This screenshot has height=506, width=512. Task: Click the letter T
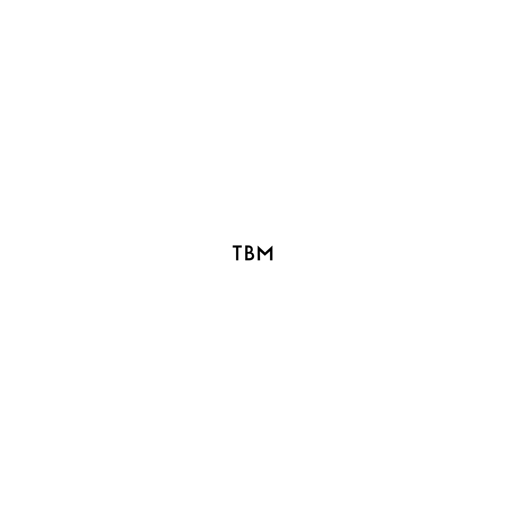click(237, 253)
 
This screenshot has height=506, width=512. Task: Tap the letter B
click(249, 253)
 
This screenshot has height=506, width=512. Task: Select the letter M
click(265, 253)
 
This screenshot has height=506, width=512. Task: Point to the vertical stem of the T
click(237, 254)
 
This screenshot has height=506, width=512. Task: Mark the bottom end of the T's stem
click(237, 260)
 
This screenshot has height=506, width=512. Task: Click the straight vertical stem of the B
click(246, 253)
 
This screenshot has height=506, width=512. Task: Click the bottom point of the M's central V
click(265, 255)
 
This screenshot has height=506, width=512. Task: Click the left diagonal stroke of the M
click(262, 250)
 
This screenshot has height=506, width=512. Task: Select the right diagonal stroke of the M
click(269, 250)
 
